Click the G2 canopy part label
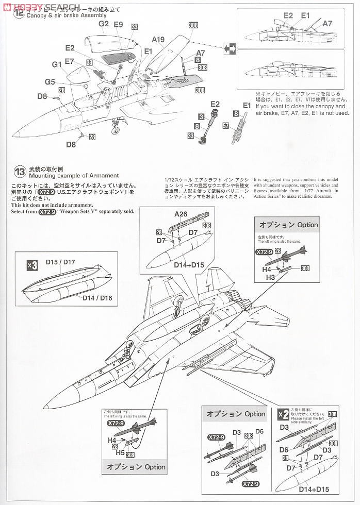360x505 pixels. tap(103, 24)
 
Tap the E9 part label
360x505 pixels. tap(118, 24)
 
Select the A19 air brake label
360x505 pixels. tap(158, 39)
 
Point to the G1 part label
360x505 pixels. tap(57, 64)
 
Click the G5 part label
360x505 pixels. tap(50, 81)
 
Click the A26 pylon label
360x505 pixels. tap(181, 214)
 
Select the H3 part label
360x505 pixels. tap(270, 277)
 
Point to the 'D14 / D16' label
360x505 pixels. tap(97, 297)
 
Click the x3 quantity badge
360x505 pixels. tap(32, 265)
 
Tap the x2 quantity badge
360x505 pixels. tap(283, 414)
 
